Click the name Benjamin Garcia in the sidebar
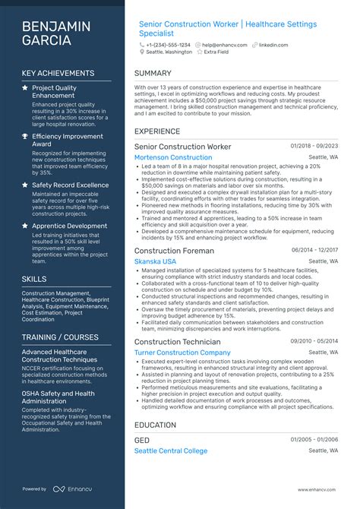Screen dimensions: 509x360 point(56,33)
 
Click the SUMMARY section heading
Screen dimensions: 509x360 point(153,74)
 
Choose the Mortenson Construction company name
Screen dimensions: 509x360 point(173,157)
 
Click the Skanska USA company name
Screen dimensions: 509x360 point(155,261)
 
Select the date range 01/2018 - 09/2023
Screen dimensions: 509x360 point(314,145)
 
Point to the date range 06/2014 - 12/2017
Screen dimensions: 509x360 point(314,249)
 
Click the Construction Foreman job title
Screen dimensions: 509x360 point(174,250)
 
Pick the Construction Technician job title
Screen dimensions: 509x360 point(177,341)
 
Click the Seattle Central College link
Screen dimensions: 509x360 point(170,451)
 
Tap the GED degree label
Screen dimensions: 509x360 point(142,440)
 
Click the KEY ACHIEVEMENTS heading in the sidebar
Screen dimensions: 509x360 point(59,74)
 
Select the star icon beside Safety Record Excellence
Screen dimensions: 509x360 point(25,185)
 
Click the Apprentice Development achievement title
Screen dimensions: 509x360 point(69,226)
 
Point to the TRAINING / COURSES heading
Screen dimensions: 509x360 point(60,337)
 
